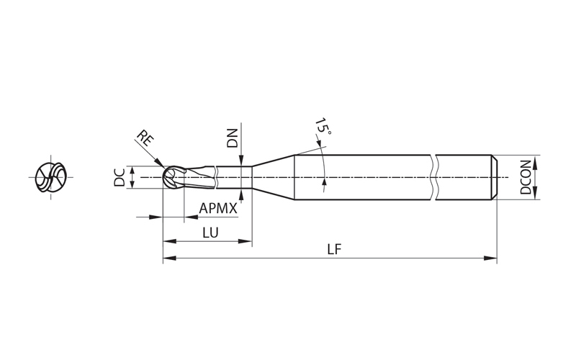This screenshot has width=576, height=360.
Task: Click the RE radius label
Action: [145, 139]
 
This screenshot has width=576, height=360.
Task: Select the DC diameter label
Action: [120, 177]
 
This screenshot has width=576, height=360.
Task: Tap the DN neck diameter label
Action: [233, 138]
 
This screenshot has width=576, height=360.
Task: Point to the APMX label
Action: [218, 209]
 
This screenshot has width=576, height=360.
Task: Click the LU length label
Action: [210, 233]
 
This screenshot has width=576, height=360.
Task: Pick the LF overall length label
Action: [333, 250]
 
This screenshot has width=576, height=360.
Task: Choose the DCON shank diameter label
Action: [526, 177]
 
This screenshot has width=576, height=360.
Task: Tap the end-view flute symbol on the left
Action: [50, 177]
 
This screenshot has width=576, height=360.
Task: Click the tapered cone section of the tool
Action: [274, 177]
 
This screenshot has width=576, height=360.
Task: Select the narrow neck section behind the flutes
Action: [234, 177]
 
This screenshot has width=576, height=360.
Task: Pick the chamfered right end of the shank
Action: [495, 177]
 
